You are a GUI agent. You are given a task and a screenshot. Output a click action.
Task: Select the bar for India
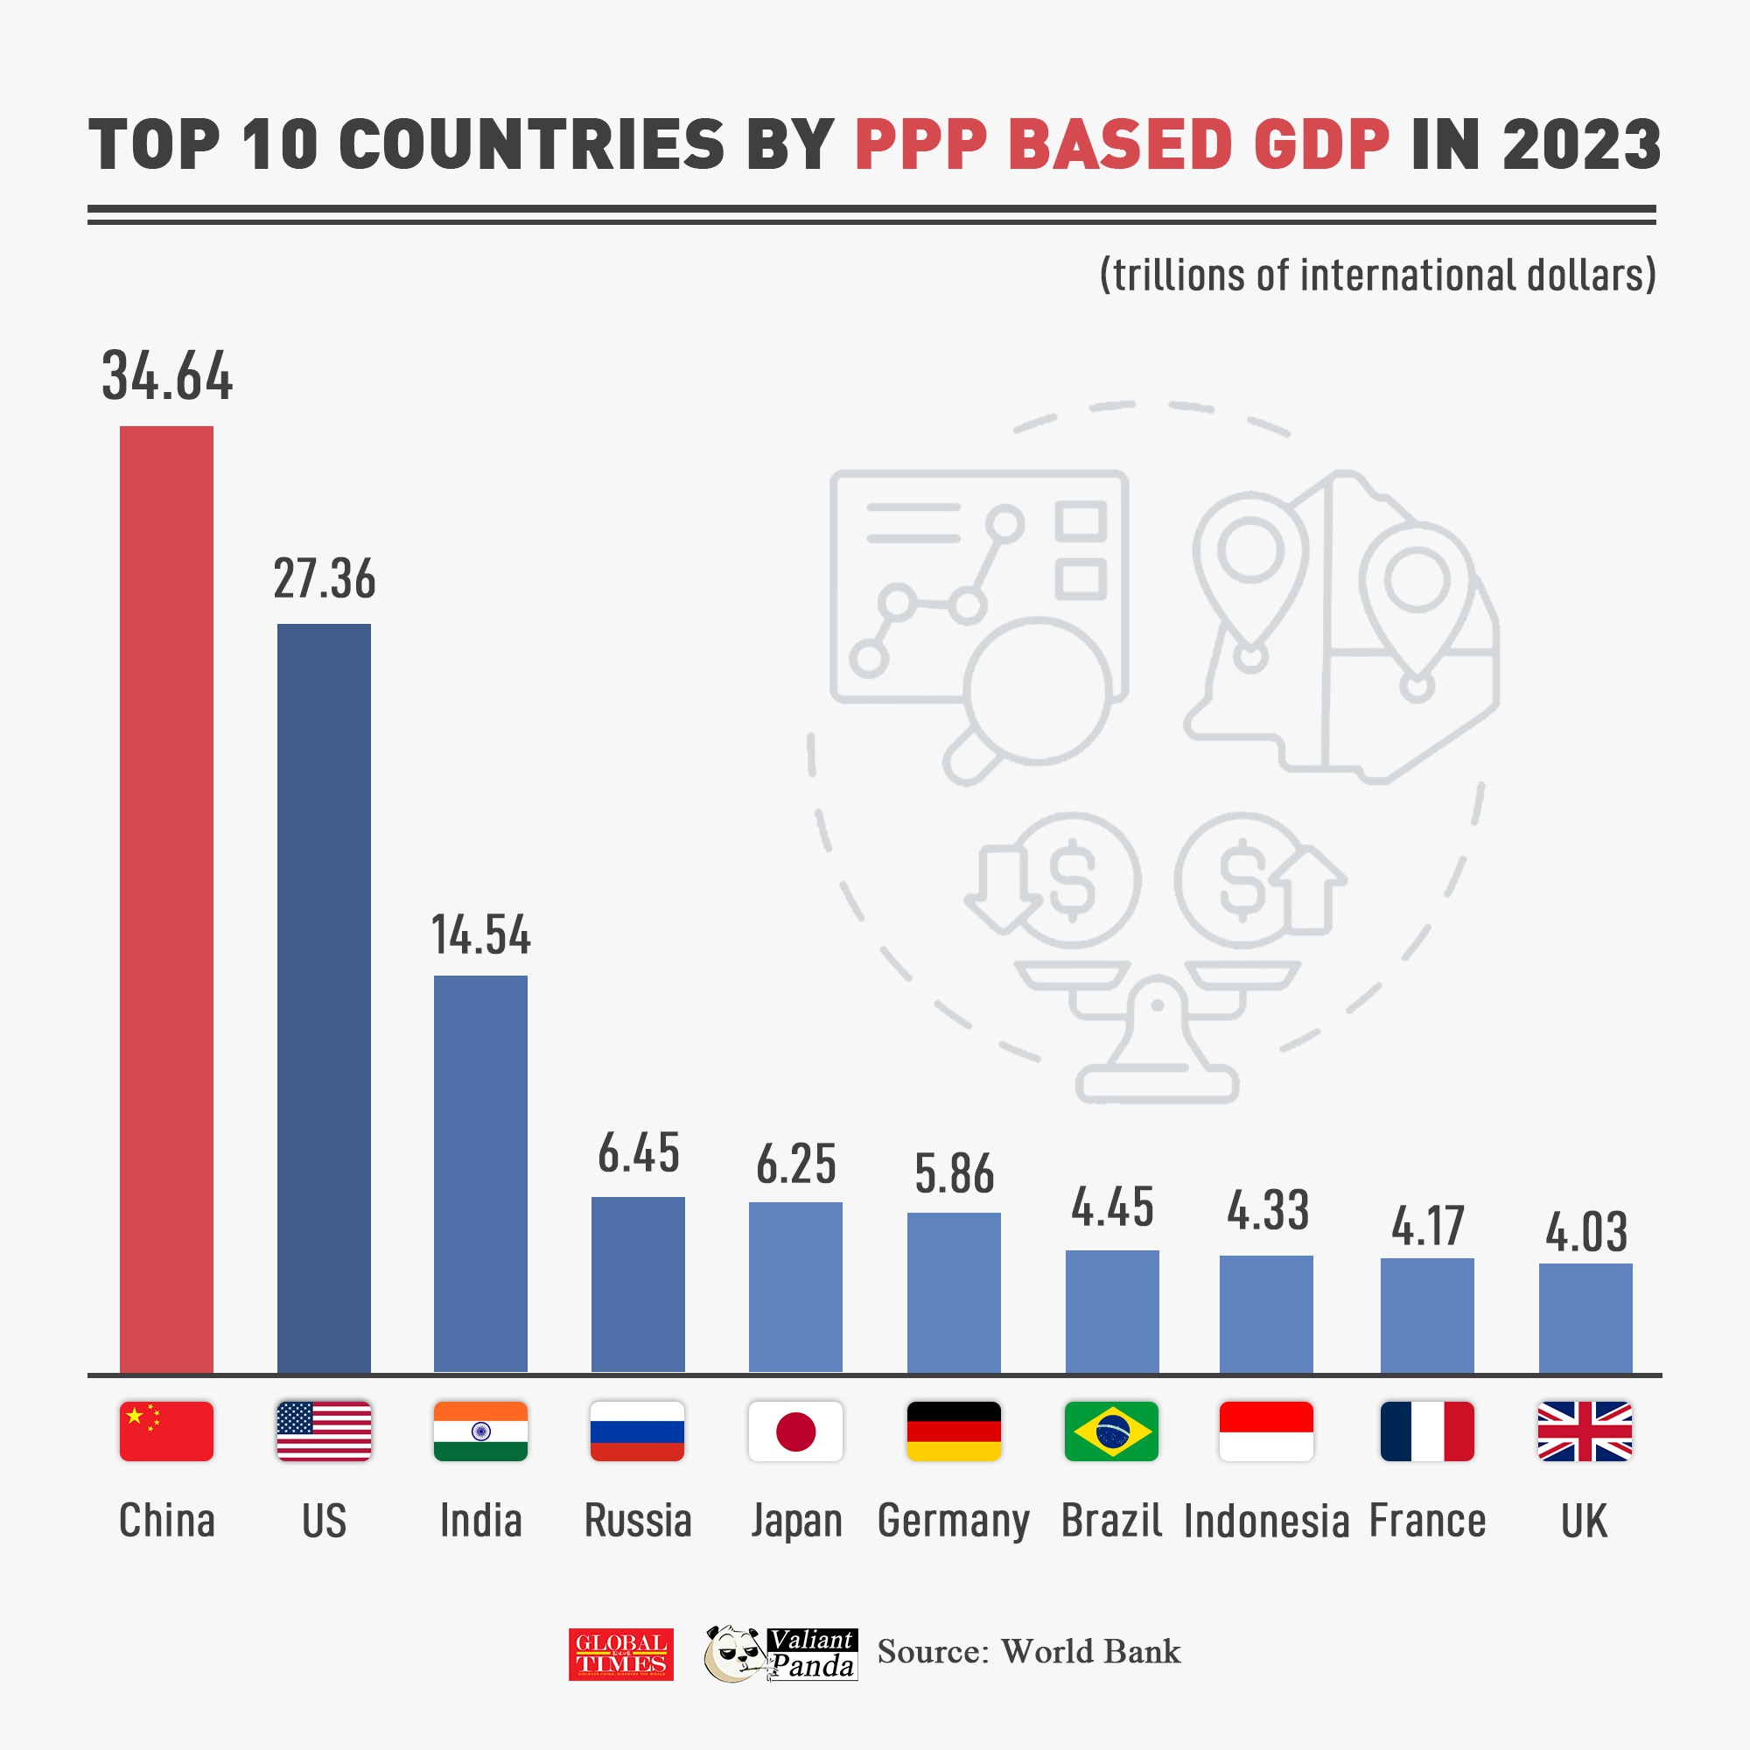click(480, 1173)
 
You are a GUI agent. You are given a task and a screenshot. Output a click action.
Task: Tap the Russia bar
click(638, 1284)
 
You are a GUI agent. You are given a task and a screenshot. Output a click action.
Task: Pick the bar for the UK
click(1585, 1317)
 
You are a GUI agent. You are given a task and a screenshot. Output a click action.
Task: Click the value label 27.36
click(325, 580)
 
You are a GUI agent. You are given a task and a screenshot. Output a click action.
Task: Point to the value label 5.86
click(954, 1174)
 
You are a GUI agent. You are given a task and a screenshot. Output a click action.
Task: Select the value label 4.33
click(1267, 1211)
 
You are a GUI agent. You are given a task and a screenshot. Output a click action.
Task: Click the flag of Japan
click(795, 1431)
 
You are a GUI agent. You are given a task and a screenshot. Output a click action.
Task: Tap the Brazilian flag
click(1111, 1431)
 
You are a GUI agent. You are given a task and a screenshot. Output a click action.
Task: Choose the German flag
click(954, 1431)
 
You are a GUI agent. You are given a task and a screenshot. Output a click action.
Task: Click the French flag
click(1426, 1431)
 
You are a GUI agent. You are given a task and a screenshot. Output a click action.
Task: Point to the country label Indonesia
click(1266, 1522)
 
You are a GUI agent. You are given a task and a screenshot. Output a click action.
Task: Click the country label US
click(325, 1521)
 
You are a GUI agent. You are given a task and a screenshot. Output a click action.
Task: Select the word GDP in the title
click(1320, 145)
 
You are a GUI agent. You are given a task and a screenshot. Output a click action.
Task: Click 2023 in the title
click(1580, 145)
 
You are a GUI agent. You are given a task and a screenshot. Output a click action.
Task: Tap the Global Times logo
click(621, 1654)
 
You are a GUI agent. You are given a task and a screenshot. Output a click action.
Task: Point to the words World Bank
click(1090, 1652)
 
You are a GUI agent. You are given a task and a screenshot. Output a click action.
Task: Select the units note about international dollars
click(1376, 276)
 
